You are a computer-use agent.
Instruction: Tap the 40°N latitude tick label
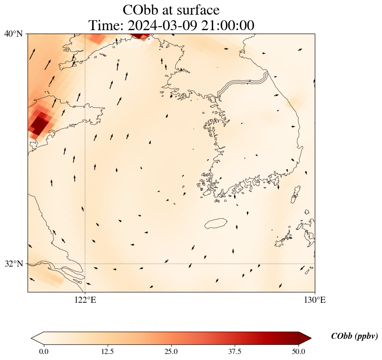(x=14, y=34)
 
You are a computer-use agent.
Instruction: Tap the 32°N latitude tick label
(x=14, y=264)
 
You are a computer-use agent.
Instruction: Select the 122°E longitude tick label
(x=85, y=300)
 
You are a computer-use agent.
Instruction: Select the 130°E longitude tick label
(x=315, y=300)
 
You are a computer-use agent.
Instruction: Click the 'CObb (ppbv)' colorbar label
(x=354, y=336)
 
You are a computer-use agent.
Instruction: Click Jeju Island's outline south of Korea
(x=216, y=223)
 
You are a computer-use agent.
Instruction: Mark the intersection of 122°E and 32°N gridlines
(x=85, y=264)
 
